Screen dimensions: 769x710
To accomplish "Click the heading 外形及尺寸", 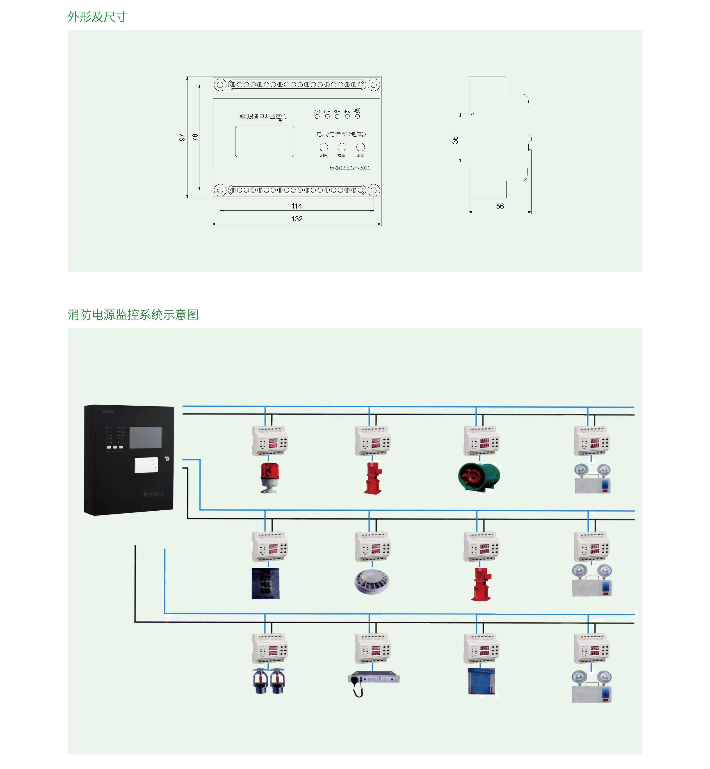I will pos(97,16).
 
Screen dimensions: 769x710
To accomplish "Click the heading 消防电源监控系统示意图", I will pos(133,315).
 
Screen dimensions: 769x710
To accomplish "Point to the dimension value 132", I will pos(297,219).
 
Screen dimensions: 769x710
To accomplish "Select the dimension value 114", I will pos(296,206).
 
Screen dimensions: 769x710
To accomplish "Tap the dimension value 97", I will pos(182,137).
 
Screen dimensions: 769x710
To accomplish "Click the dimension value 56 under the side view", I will pos(500,206).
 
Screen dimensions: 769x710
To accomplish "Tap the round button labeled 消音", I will pos(360,147).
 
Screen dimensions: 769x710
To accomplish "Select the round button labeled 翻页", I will pos(324,147).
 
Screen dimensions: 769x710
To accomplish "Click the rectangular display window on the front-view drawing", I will pos(264,141).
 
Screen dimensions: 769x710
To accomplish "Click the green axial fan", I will pos(479,477).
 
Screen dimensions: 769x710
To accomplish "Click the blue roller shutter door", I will pos(481,681).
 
